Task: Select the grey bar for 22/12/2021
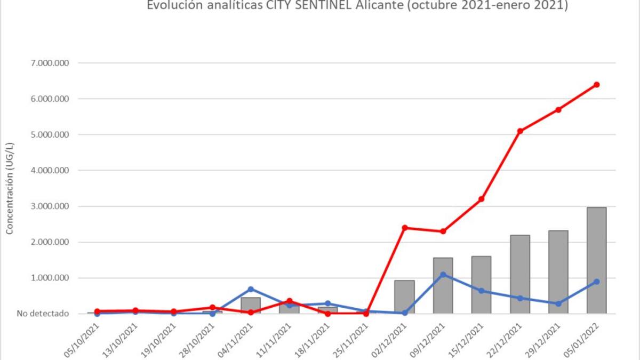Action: tap(519, 274)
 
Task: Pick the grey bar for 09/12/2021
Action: tap(443, 286)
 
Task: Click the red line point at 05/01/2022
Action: tap(596, 84)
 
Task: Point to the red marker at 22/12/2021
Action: tap(519, 131)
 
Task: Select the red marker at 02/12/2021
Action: tap(404, 228)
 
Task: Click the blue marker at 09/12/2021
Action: tap(443, 275)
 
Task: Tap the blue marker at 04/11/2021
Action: tap(251, 289)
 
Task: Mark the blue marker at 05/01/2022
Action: tap(596, 282)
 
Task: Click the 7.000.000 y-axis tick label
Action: tap(50, 63)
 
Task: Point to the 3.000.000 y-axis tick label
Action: tap(50, 206)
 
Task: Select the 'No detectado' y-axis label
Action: tap(43, 314)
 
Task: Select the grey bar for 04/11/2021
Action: tap(251, 306)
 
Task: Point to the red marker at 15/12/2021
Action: tap(481, 199)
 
